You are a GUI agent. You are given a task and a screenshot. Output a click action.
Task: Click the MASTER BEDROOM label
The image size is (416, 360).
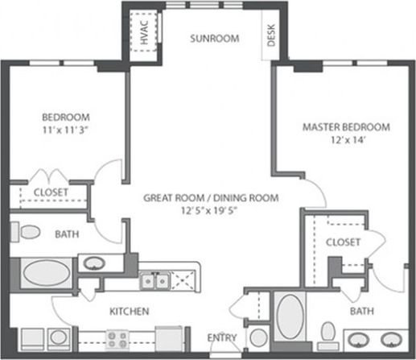[x=346, y=127]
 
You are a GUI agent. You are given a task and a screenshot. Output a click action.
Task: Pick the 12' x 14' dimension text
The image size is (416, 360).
[x=346, y=141]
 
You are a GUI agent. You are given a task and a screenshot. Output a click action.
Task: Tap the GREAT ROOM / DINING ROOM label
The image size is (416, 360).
[x=211, y=197]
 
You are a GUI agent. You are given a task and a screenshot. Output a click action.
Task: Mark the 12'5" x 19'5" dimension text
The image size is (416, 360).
[x=211, y=210]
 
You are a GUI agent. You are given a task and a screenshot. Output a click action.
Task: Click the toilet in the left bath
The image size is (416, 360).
[x=31, y=234]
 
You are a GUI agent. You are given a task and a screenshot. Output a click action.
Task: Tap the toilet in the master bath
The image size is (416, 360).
[x=327, y=333]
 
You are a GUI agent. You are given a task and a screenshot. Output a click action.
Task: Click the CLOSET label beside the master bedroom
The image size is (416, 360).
[x=342, y=242]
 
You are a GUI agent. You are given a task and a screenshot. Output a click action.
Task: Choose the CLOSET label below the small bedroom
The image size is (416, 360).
[x=50, y=192]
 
